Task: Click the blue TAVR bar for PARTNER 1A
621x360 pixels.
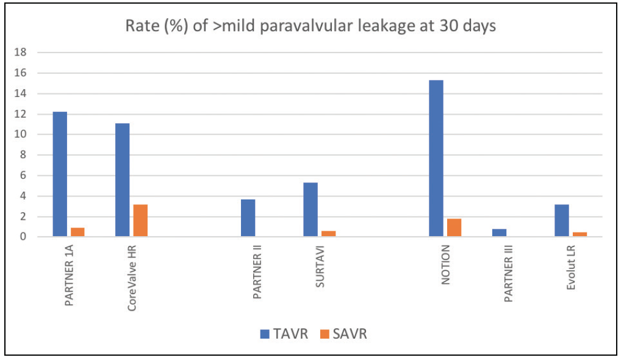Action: point(60,174)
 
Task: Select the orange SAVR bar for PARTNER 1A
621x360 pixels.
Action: point(77,232)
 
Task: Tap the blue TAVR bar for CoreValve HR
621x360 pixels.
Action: point(123,179)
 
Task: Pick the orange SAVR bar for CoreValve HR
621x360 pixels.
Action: point(140,220)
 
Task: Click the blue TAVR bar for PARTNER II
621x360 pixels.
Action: point(248,218)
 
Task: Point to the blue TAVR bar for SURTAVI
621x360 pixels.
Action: point(310,209)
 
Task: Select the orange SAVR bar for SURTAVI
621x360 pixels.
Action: point(328,234)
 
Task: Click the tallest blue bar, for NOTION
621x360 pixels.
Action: point(436,158)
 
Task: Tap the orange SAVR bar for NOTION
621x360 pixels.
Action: point(454,228)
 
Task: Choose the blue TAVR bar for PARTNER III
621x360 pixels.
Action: point(499,233)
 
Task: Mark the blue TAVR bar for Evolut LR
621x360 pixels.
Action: point(562,220)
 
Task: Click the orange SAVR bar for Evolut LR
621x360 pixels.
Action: point(580,234)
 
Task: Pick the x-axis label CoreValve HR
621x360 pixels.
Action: point(132,279)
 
